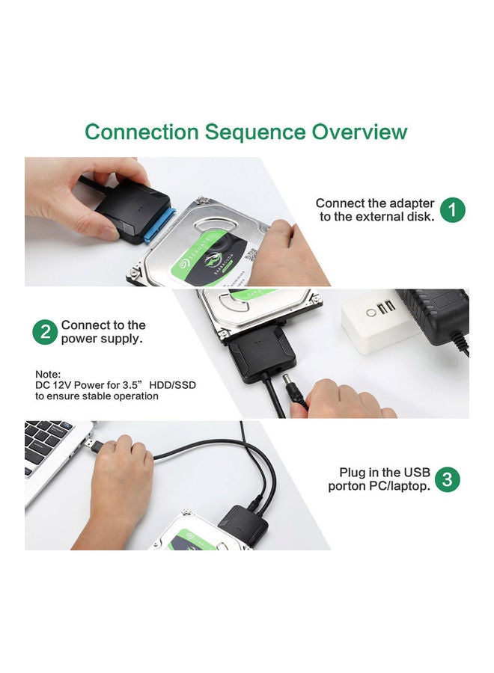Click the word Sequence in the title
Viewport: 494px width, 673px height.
click(x=254, y=132)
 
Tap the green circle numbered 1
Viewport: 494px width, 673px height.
click(x=452, y=210)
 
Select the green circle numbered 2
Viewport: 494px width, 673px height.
click(x=45, y=332)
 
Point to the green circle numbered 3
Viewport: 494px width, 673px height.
click(x=447, y=479)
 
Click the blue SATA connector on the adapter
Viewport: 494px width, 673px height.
click(x=159, y=224)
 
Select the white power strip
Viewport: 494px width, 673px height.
click(x=379, y=323)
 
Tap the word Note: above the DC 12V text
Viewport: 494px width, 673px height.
click(x=48, y=374)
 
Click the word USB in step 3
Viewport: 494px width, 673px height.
click(x=416, y=472)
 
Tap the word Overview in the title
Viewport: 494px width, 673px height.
click(x=359, y=132)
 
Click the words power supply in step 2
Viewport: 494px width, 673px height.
click(x=101, y=339)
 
